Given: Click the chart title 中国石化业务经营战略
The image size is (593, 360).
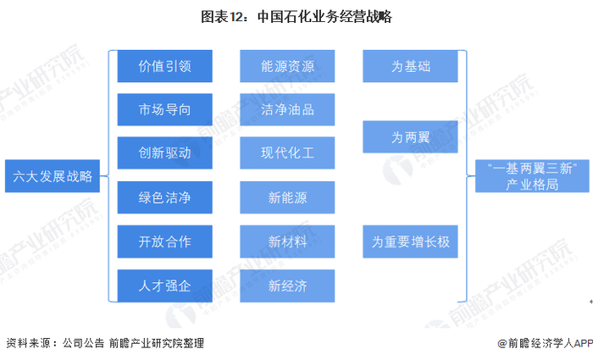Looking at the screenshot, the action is (x=296, y=16).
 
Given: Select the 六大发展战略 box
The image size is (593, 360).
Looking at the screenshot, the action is (x=53, y=177).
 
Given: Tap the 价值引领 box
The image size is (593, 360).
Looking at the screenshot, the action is (x=164, y=66).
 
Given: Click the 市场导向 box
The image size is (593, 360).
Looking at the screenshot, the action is (x=164, y=110).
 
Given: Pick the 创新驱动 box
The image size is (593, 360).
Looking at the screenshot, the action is (x=164, y=154).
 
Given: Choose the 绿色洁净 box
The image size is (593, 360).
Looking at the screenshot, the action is (x=164, y=198).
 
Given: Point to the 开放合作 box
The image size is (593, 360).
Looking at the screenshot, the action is (x=164, y=242).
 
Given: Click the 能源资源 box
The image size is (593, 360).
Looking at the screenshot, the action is (x=287, y=66).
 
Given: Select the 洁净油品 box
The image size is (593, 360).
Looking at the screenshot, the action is (x=287, y=110).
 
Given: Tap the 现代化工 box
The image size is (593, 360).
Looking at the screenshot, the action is (x=287, y=154).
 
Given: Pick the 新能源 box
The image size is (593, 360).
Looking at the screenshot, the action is (x=287, y=198).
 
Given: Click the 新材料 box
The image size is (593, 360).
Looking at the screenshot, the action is (x=287, y=242).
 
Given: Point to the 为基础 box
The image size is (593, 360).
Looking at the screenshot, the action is (x=410, y=66).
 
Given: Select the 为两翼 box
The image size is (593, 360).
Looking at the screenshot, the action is (x=410, y=136).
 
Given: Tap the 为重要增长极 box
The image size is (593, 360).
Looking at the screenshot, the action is (x=410, y=242).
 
